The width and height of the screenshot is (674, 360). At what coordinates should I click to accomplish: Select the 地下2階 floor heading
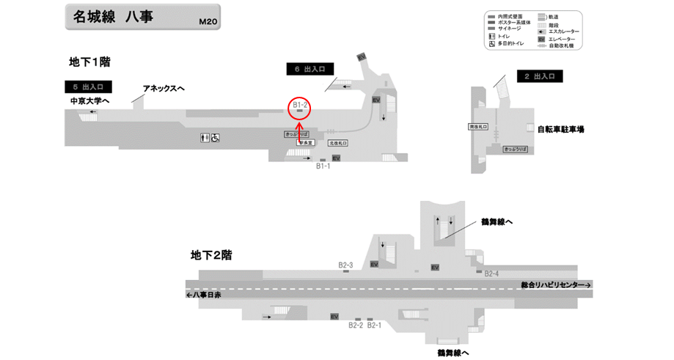tap(211, 255)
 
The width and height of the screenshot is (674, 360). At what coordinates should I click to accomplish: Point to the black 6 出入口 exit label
tap(309, 69)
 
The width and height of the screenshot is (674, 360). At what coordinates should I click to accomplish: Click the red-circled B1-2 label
tap(300, 106)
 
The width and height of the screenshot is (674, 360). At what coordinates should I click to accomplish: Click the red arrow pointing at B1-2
tap(299, 126)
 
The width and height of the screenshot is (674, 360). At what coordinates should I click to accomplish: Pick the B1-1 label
tap(323, 166)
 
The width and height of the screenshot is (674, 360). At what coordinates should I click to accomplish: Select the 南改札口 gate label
tap(477, 127)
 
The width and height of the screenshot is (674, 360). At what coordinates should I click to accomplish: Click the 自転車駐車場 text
tap(565, 129)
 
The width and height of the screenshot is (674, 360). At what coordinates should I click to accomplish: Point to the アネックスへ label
tap(164, 89)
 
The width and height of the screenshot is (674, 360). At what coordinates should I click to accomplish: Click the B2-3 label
tap(345, 265)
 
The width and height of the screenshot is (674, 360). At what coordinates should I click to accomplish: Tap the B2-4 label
tap(491, 273)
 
